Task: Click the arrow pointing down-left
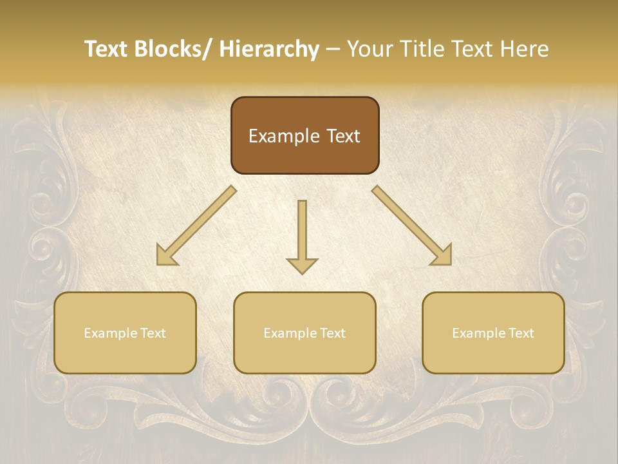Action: coord(196,226)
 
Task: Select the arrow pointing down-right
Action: coord(412,226)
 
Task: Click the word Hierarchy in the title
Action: coord(269,49)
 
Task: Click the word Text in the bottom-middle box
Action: coord(331,333)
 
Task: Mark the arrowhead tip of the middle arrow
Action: coord(302,273)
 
